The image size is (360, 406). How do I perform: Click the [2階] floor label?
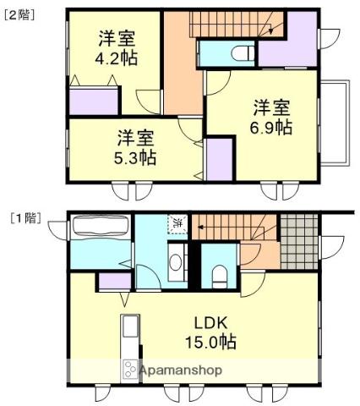coord(21,14)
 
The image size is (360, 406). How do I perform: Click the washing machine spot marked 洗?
coord(177,224)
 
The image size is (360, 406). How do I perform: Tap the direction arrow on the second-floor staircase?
coord(270,30)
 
